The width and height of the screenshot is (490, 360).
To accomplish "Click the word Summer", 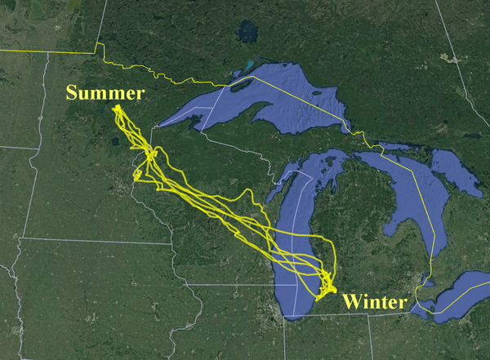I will [x=105, y=93].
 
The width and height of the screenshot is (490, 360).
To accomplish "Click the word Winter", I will [x=374, y=302].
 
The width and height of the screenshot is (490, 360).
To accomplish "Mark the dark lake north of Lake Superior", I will [x=247, y=33].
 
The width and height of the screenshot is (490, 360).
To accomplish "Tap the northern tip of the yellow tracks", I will [x=117, y=106].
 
